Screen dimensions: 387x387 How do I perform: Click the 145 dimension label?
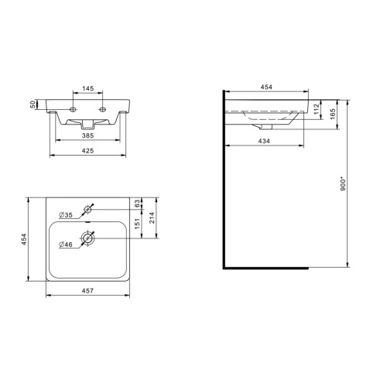point(88,88)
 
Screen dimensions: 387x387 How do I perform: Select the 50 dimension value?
point(33,104)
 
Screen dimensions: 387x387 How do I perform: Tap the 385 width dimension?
point(87,135)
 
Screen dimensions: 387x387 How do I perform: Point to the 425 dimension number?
point(87,151)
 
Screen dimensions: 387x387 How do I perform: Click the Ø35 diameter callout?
point(66,215)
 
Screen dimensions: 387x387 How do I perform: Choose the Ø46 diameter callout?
point(66,245)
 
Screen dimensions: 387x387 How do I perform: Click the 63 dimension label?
point(137,204)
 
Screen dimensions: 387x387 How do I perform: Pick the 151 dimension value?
point(137,224)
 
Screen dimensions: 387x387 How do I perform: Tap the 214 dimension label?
point(152,217)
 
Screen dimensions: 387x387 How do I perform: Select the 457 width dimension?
point(87,291)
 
